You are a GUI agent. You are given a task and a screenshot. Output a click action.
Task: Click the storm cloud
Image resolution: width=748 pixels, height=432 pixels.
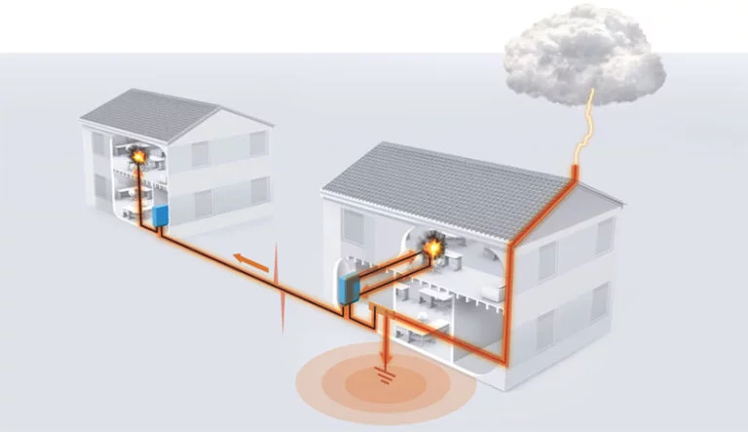(583, 55)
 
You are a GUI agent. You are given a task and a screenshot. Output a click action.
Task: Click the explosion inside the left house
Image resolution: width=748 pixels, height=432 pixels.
(139, 153)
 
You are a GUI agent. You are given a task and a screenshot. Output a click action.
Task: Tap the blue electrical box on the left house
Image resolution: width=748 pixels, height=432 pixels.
(162, 214)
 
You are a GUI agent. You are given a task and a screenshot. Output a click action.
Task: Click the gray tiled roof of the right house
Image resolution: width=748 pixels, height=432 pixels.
(438, 191)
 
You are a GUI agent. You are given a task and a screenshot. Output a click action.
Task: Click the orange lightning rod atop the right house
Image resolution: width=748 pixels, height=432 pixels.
(576, 173)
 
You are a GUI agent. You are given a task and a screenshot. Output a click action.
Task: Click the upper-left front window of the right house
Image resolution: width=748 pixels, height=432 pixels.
(354, 227)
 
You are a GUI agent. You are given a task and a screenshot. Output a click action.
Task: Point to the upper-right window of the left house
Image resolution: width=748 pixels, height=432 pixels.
(257, 144)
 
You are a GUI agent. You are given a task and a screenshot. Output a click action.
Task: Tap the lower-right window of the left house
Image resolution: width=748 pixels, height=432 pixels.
(257, 191)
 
